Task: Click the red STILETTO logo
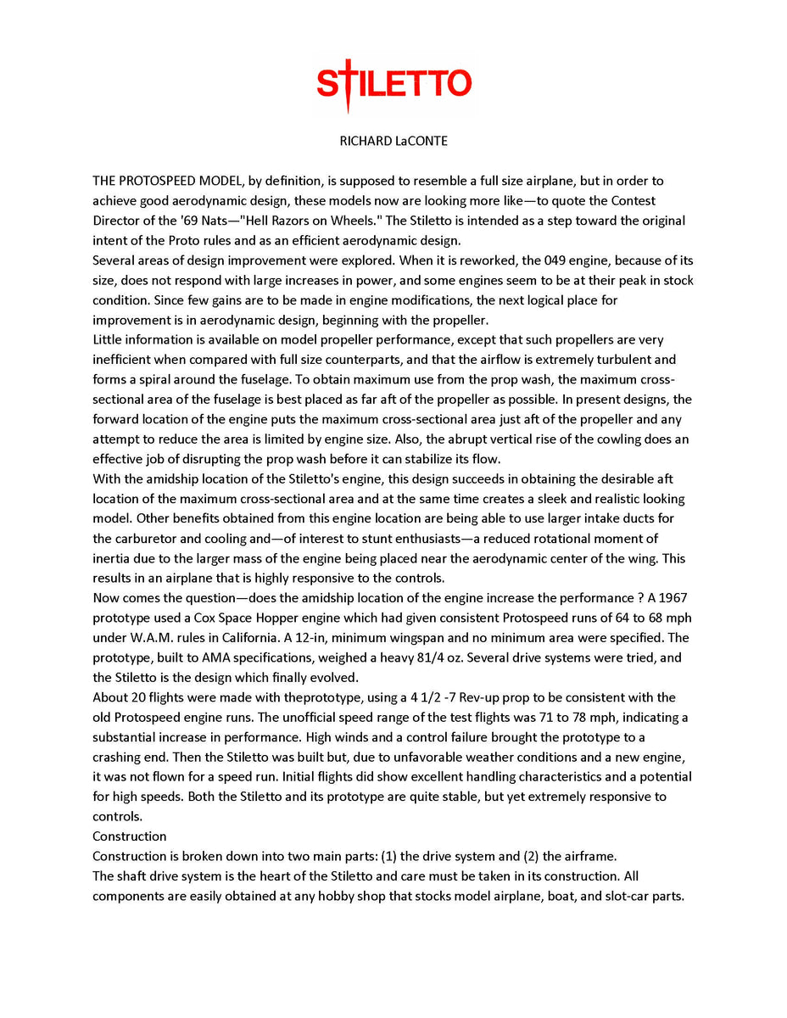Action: pyautogui.click(x=393, y=84)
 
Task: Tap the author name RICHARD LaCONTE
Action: pyautogui.click(x=393, y=142)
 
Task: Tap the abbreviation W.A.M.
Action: pyautogui.click(x=144, y=638)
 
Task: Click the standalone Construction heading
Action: pyautogui.click(x=130, y=836)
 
